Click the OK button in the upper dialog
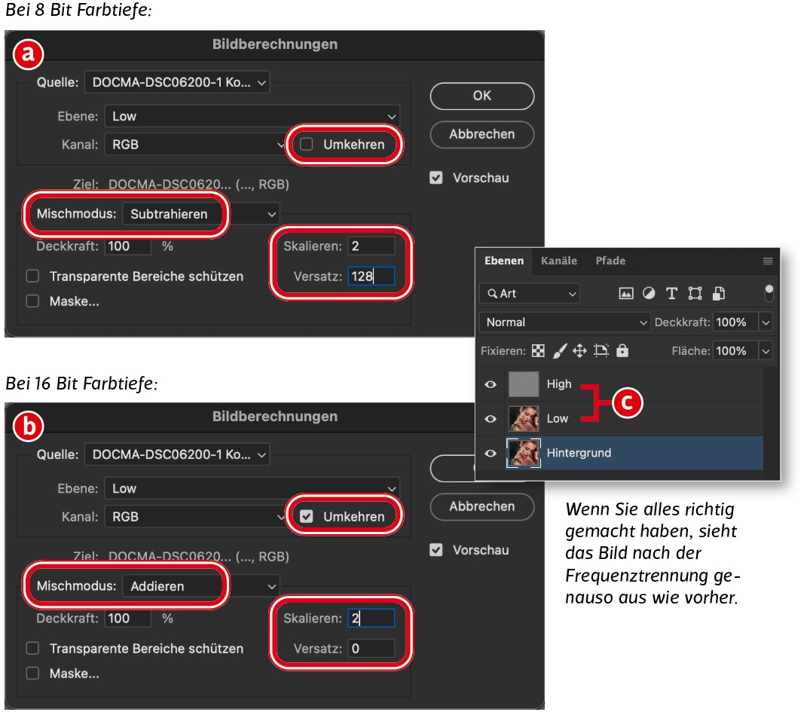click(x=481, y=96)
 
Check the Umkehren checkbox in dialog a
click(x=306, y=144)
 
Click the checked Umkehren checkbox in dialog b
click(x=306, y=516)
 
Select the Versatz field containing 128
click(x=371, y=276)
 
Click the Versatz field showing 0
click(x=371, y=648)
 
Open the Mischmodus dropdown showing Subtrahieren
click(x=200, y=214)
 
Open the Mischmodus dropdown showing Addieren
click(x=200, y=586)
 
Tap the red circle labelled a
click(x=29, y=54)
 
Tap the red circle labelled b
click(x=29, y=426)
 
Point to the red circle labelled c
click(x=627, y=402)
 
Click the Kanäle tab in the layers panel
click(x=559, y=261)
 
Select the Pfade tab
click(x=610, y=261)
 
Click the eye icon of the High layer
click(x=491, y=384)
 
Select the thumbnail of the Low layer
click(x=524, y=418)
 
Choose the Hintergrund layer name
click(x=579, y=453)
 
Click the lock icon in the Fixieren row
click(x=622, y=350)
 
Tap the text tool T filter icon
click(x=671, y=293)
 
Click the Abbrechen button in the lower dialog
click(x=481, y=506)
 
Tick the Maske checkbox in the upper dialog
click(x=32, y=301)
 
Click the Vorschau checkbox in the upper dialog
click(x=436, y=178)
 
